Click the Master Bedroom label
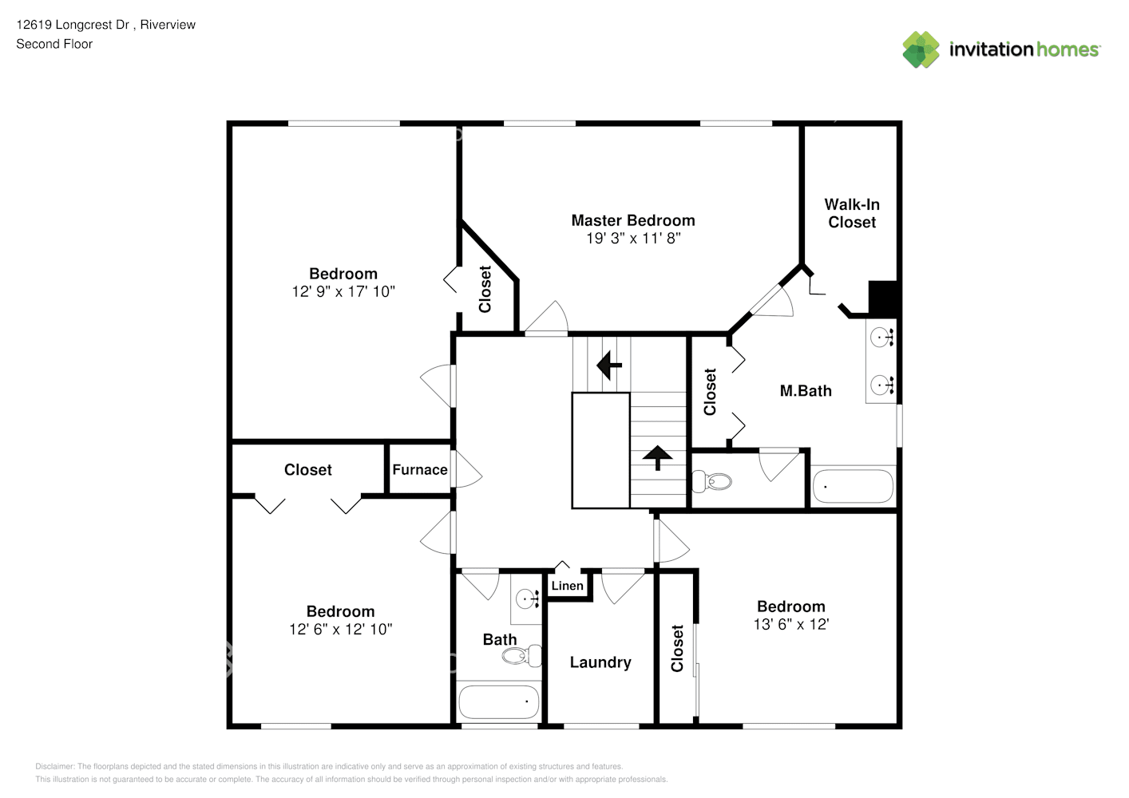pyautogui.click(x=632, y=220)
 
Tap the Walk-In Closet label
pyautogui.click(x=851, y=213)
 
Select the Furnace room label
pyautogui.click(x=419, y=470)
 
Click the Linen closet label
pyautogui.click(x=567, y=586)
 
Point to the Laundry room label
pyautogui.click(x=600, y=662)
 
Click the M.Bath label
pyautogui.click(x=805, y=391)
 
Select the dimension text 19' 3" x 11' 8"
pyautogui.click(x=632, y=239)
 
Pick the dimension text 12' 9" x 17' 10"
pyautogui.click(x=343, y=292)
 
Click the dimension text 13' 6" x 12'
pyautogui.click(x=790, y=625)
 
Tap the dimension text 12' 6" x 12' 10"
pyautogui.click(x=340, y=630)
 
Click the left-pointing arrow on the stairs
pyautogui.click(x=609, y=365)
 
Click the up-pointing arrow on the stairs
pyautogui.click(x=657, y=457)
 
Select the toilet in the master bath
pyautogui.click(x=713, y=481)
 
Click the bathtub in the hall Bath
pyautogui.click(x=499, y=702)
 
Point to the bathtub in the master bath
pyautogui.click(x=852, y=485)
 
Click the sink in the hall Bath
pyautogui.click(x=525, y=598)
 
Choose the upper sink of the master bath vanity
pyautogui.click(x=880, y=338)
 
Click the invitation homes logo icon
pyautogui.click(x=921, y=49)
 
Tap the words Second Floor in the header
pyautogui.click(x=54, y=44)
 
